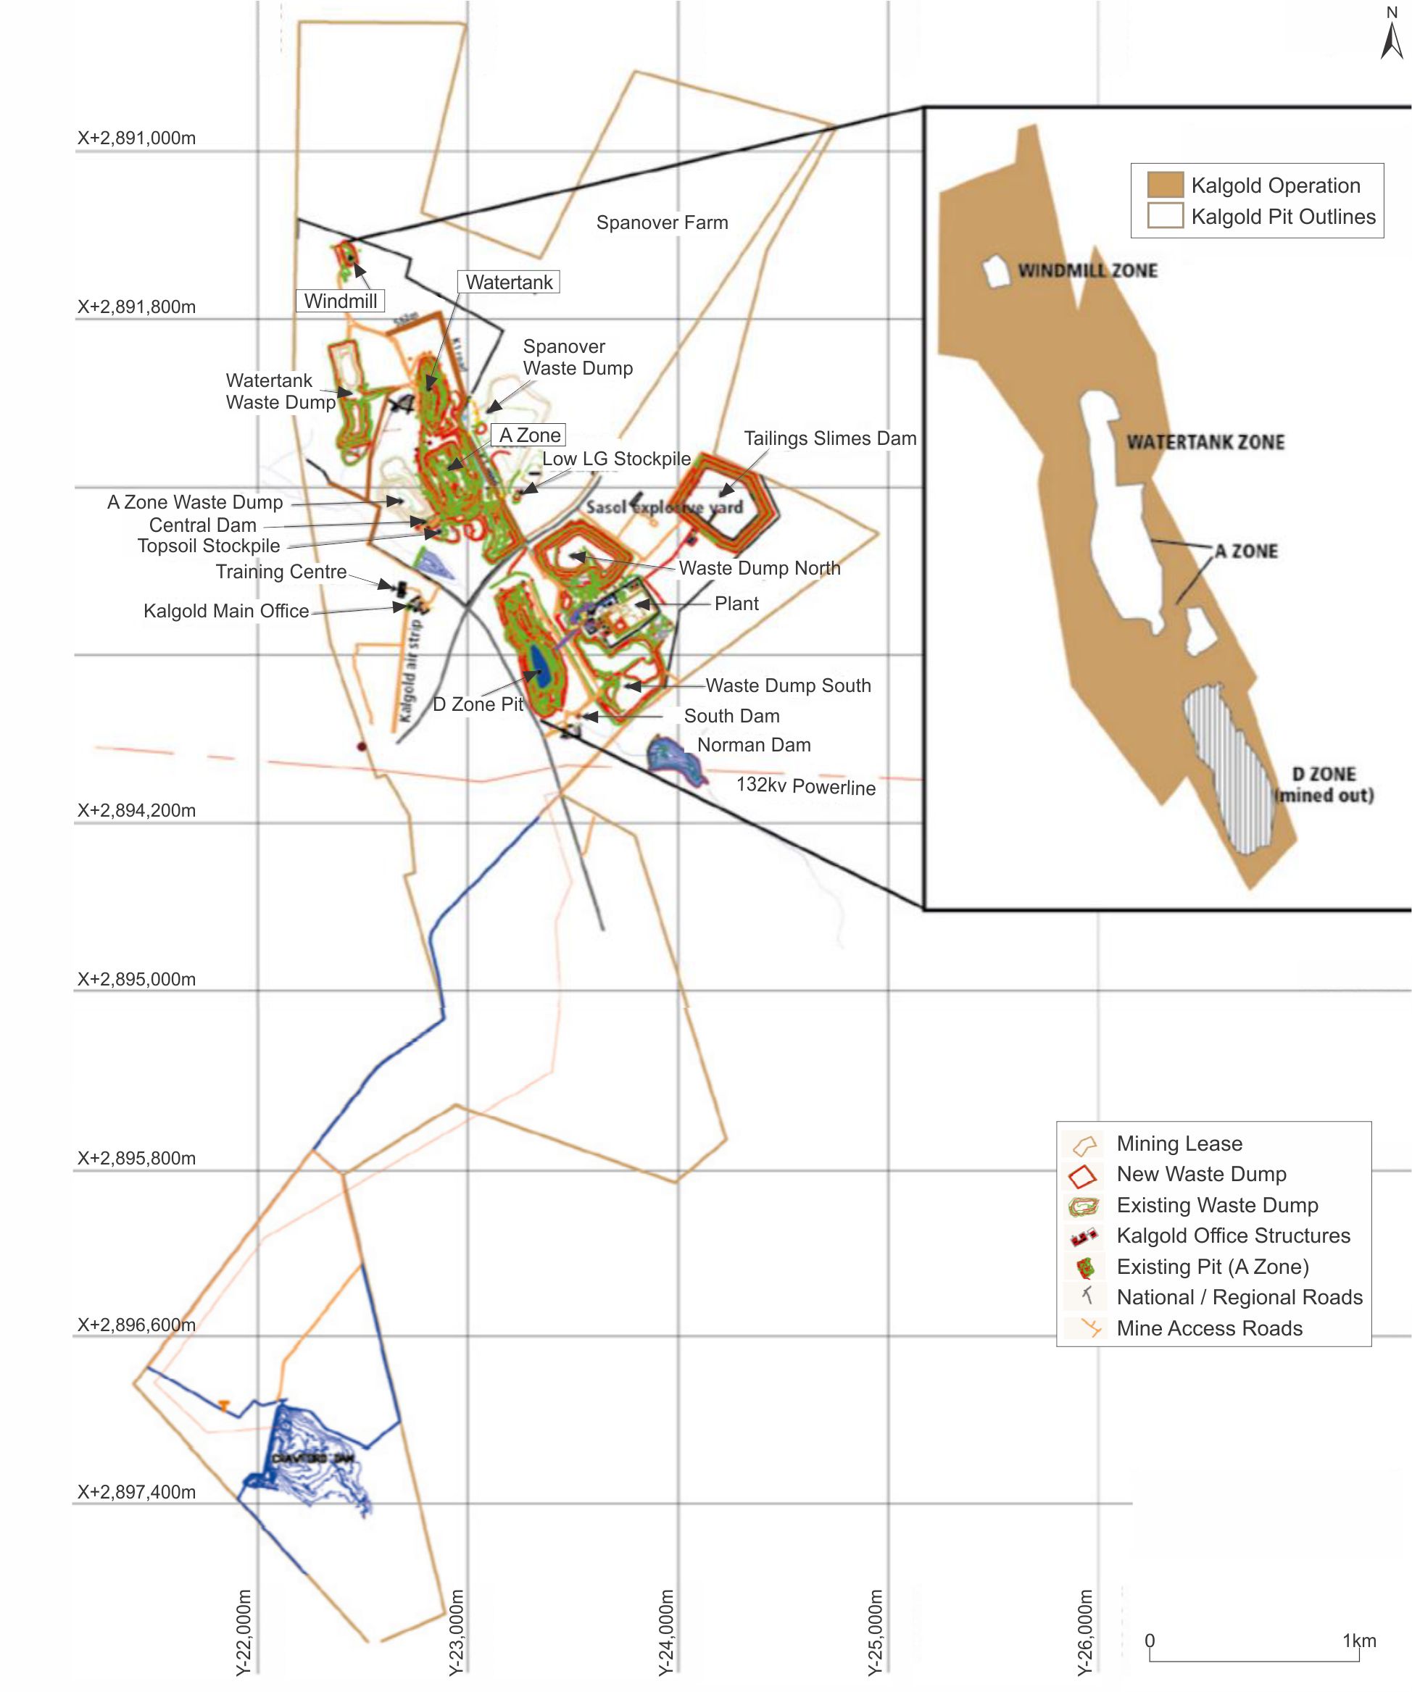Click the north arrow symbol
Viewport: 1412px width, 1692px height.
(1391, 41)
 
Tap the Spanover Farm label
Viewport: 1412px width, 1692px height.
(662, 222)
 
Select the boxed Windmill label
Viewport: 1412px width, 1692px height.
(340, 301)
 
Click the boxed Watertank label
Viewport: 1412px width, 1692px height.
(509, 283)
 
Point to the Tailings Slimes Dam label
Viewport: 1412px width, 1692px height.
(829, 438)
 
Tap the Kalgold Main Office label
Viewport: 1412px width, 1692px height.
(226, 611)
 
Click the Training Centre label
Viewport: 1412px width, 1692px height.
(281, 571)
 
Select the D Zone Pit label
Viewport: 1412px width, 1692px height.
(478, 704)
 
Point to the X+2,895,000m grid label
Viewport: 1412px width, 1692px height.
(136, 979)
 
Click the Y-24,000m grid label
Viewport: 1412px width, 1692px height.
(667, 1632)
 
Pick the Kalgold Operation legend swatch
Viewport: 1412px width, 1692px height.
(1165, 185)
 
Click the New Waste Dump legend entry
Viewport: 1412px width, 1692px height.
(1201, 1174)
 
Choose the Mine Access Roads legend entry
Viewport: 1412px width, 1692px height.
(1209, 1329)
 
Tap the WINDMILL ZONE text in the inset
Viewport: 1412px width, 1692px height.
(1087, 271)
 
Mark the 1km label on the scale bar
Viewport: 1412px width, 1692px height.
(1359, 1641)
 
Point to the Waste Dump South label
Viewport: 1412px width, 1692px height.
(788, 685)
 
